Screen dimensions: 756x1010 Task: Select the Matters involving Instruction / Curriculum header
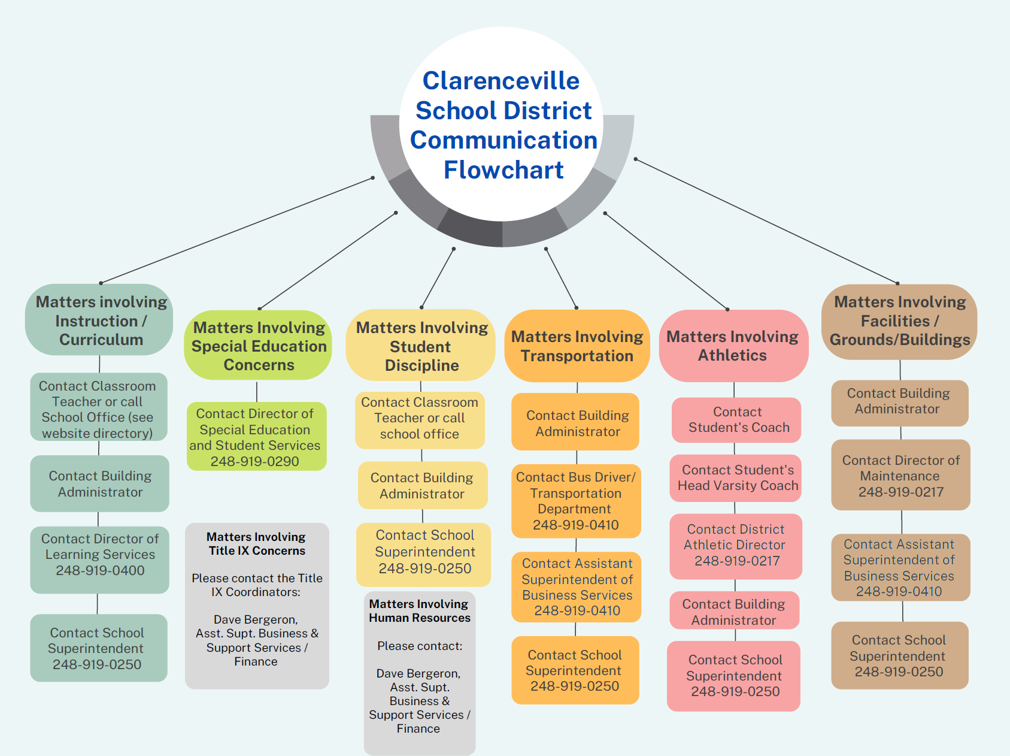click(x=99, y=320)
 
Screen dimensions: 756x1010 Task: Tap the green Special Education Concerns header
click(x=258, y=346)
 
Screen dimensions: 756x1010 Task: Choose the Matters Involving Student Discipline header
click(x=421, y=346)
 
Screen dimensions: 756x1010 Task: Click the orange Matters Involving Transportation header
click(x=577, y=346)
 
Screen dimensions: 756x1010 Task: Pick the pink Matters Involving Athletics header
click(x=733, y=346)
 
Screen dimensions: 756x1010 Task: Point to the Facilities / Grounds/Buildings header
click(x=899, y=321)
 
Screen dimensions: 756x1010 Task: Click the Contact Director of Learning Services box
click(x=99, y=555)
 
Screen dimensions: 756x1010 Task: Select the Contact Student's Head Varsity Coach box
click(x=736, y=477)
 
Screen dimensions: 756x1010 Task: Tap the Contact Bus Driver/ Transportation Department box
click(x=576, y=501)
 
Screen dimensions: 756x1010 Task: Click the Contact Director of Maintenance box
click(x=900, y=476)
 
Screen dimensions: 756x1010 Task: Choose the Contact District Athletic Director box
click(x=736, y=545)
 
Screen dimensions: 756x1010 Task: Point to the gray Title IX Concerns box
click(x=257, y=605)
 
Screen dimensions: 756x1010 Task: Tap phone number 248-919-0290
click(x=254, y=461)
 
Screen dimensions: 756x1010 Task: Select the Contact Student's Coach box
click(x=736, y=420)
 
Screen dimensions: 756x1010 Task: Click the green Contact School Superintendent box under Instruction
click(x=98, y=648)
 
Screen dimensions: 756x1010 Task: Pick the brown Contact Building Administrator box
click(x=899, y=402)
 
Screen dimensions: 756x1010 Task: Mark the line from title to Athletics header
click(x=666, y=261)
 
